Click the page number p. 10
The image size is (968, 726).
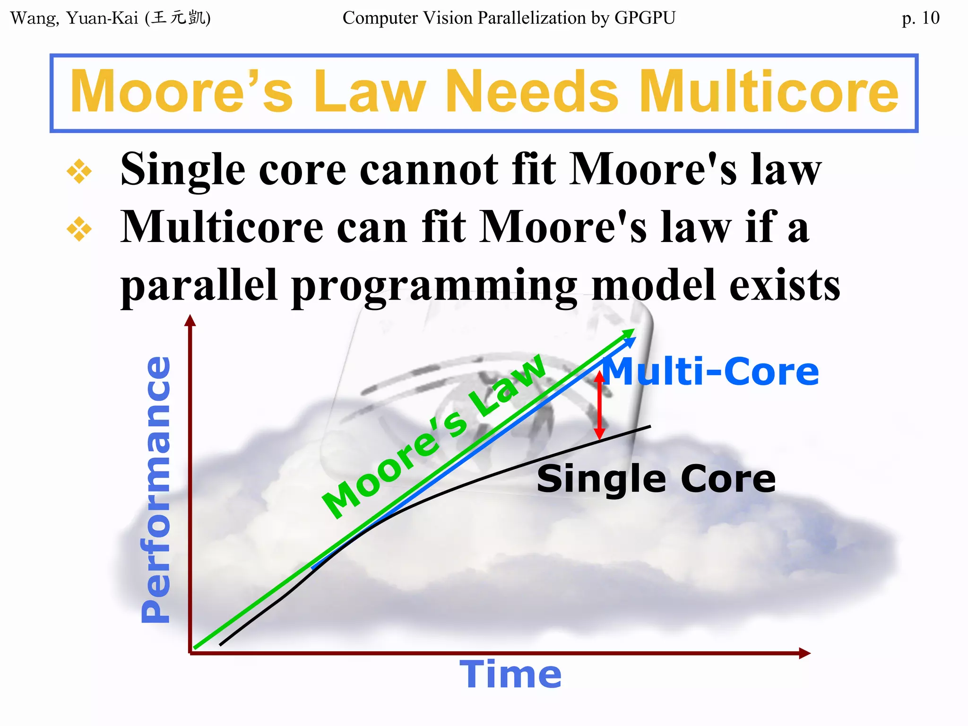(920, 18)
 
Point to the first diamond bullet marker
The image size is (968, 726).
(79, 171)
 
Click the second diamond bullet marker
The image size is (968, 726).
(79, 229)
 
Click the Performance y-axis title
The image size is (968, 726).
(156, 489)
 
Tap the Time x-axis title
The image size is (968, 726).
(510, 674)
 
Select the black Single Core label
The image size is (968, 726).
(656, 479)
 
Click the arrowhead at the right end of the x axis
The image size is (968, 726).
(804, 653)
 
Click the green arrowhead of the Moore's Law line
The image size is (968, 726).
(630, 332)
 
